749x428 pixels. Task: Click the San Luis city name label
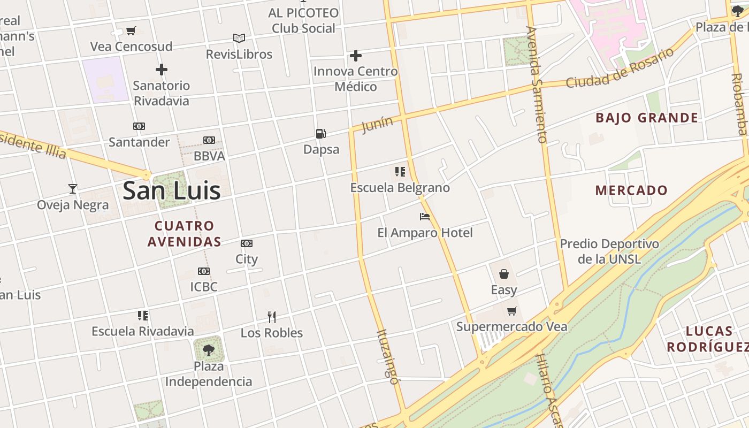(x=171, y=191)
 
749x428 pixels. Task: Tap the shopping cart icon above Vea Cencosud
(x=131, y=31)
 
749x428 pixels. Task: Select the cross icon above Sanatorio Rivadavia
(x=162, y=70)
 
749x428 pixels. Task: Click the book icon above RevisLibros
(x=239, y=39)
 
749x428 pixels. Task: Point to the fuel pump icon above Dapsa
(x=321, y=134)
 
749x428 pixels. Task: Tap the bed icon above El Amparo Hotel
(x=425, y=217)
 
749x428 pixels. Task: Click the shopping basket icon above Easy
(x=504, y=274)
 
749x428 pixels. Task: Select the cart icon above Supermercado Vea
(x=512, y=311)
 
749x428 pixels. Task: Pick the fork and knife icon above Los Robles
(x=272, y=317)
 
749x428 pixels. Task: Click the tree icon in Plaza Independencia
(x=209, y=350)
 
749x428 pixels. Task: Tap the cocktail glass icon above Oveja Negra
(x=73, y=189)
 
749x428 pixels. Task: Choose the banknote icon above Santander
(x=139, y=126)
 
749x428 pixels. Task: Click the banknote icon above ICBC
(x=204, y=271)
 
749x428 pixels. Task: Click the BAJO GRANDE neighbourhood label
(x=647, y=118)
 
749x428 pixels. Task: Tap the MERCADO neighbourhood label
(x=631, y=190)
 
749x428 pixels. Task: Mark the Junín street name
(x=377, y=125)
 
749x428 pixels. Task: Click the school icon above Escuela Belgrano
(x=400, y=172)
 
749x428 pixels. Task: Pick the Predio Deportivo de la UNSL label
(x=609, y=251)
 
